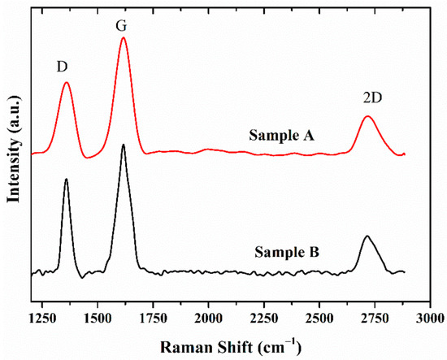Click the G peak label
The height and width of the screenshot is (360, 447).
(122, 26)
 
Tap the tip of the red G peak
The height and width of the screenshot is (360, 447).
(123, 37)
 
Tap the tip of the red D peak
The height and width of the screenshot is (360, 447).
(66, 82)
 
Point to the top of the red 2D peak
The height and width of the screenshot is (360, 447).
(367, 116)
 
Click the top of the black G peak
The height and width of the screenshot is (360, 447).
(123, 145)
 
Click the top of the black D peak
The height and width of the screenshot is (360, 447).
(66, 179)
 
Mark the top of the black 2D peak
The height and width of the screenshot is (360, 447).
(367, 236)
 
